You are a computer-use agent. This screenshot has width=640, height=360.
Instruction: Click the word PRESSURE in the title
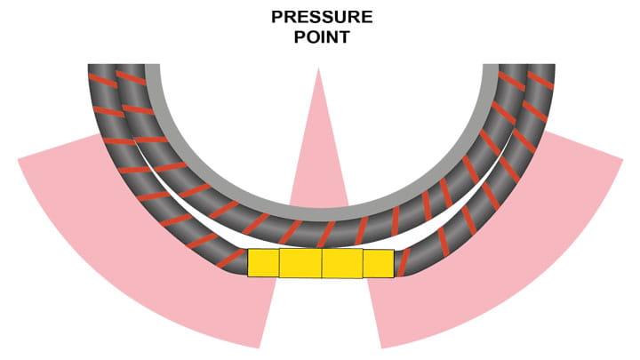click(322, 18)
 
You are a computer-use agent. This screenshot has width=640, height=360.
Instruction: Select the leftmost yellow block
click(263, 262)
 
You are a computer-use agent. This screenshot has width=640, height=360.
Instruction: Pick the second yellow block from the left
click(300, 263)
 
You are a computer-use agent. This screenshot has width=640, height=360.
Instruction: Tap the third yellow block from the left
click(342, 263)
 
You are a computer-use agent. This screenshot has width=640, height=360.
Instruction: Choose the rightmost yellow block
click(378, 263)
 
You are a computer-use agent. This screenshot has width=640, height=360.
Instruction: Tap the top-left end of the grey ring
click(152, 69)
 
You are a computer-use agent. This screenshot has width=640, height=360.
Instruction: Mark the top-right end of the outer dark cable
click(541, 69)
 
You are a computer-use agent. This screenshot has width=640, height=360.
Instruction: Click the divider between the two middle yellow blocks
click(322, 263)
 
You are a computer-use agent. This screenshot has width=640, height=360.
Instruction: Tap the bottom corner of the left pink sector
click(260, 347)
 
